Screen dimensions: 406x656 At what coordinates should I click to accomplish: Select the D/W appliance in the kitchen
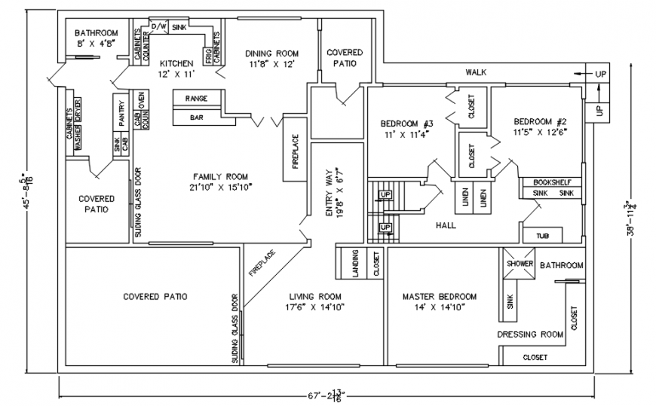158,26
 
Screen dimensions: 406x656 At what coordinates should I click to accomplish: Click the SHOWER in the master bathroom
520,264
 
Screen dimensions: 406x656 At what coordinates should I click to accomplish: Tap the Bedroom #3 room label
406,124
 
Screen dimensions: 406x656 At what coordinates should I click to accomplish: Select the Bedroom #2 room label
540,121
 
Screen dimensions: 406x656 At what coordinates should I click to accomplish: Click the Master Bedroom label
439,296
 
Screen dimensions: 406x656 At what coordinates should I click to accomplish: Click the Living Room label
316,296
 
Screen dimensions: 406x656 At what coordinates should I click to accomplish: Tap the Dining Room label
272,53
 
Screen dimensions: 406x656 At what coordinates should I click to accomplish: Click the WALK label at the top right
474,72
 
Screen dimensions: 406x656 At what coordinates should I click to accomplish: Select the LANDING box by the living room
348,264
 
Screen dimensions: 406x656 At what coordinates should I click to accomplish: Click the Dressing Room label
531,334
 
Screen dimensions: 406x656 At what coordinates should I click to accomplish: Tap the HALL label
446,225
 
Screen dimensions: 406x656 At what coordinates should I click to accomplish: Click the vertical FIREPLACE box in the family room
295,149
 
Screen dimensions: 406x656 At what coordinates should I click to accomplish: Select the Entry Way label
329,193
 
